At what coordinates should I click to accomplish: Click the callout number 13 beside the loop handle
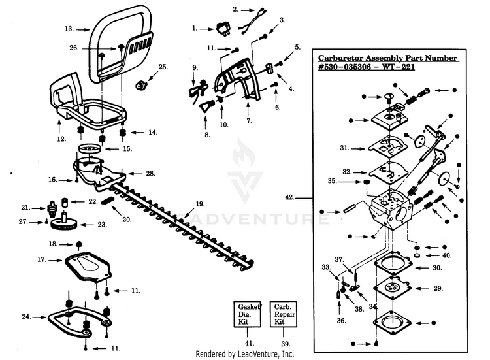click(x=69, y=29)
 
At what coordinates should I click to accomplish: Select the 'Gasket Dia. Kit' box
click(x=247, y=314)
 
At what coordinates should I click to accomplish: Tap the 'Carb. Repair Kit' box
click(x=283, y=314)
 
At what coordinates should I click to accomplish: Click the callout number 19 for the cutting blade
click(x=200, y=204)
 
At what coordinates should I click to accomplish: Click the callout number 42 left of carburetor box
click(x=289, y=197)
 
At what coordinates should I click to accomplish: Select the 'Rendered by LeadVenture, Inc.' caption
click(x=245, y=354)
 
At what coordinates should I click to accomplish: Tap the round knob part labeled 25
click(x=141, y=85)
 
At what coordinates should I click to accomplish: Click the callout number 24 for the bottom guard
click(x=26, y=317)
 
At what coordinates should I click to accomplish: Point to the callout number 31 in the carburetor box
click(x=345, y=148)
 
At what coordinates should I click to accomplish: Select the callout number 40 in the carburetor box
click(x=447, y=255)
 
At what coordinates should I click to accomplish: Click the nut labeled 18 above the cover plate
click(x=79, y=244)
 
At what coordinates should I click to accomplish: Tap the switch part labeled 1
click(x=223, y=29)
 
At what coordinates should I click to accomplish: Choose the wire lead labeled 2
click(x=252, y=22)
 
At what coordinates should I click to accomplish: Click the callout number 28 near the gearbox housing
click(x=151, y=173)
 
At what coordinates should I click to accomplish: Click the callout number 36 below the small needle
click(x=341, y=321)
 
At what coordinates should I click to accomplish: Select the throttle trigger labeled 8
click(x=207, y=106)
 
